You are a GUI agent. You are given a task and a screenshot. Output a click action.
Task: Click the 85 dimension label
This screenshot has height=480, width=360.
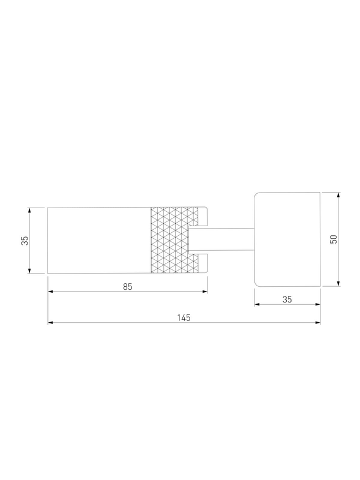[x=128, y=287]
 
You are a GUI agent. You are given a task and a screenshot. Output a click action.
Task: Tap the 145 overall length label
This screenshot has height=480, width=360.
[x=184, y=318]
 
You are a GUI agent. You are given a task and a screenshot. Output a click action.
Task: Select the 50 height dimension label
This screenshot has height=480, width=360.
[x=334, y=239]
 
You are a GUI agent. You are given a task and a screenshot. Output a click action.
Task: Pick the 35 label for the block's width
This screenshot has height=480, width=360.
[x=287, y=299]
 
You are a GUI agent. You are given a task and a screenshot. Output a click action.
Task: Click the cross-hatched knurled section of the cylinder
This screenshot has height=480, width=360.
[x=175, y=240]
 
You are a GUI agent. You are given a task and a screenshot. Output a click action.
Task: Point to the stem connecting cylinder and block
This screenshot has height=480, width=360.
[x=221, y=240]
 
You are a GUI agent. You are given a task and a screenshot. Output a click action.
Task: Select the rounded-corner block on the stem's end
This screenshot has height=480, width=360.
[x=287, y=239]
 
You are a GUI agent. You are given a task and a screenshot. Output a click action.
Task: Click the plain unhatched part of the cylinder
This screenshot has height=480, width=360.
[x=99, y=241]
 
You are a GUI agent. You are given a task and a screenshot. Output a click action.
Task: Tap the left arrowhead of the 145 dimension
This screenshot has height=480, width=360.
[x=50, y=323]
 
